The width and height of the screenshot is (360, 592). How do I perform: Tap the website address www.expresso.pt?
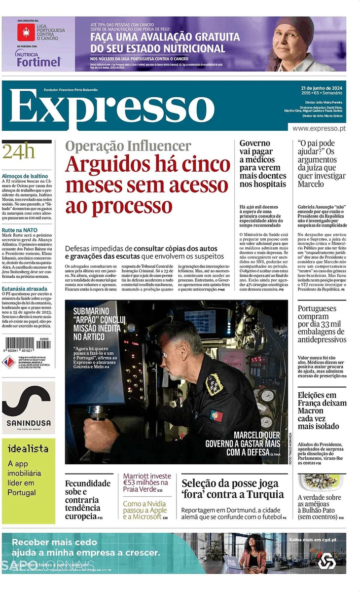point(319,128)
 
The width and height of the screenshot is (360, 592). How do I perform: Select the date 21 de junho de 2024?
point(323,88)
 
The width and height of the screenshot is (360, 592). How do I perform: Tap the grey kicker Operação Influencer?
point(128,146)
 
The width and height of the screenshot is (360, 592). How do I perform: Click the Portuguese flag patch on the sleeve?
point(216,415)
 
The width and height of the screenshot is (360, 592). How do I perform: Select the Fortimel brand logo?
point(38,61)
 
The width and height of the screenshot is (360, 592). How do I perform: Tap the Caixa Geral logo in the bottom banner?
point(326,560)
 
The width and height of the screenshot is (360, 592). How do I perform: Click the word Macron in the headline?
point(311,410)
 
